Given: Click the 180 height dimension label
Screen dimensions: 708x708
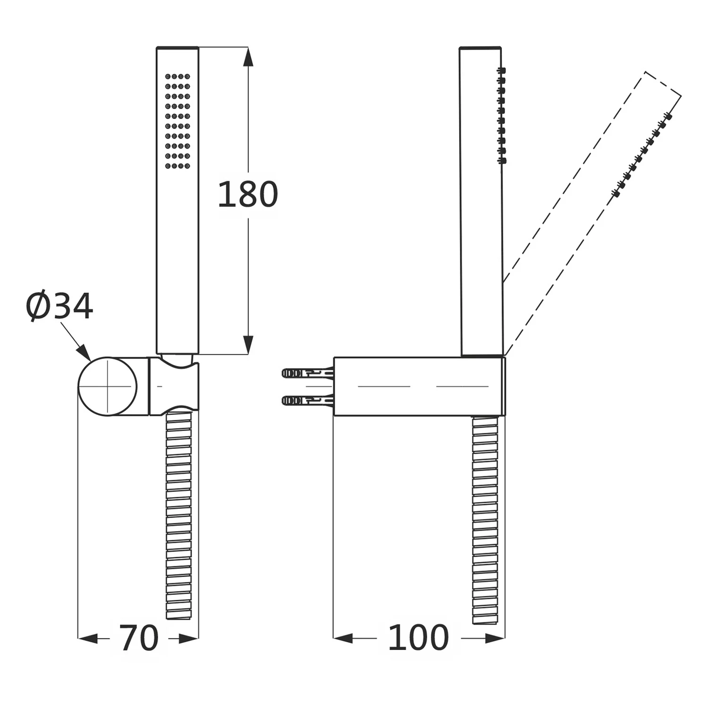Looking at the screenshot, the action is click(247, 194).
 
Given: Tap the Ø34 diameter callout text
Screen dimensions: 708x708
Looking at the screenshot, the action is click(59, 306).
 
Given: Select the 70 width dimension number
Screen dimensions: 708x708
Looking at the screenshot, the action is click(138, 638).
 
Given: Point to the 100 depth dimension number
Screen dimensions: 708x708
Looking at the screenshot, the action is click(418, 638).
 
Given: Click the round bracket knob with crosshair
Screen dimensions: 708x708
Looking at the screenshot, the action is click(108, 387).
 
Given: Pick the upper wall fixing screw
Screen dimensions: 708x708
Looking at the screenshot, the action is click(308, 373).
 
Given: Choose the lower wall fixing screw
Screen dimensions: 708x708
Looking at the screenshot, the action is click(308, 400).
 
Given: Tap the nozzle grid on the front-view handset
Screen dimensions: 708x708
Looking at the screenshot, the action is click(177, 121).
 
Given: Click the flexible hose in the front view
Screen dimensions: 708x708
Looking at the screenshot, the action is click(179, 514).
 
